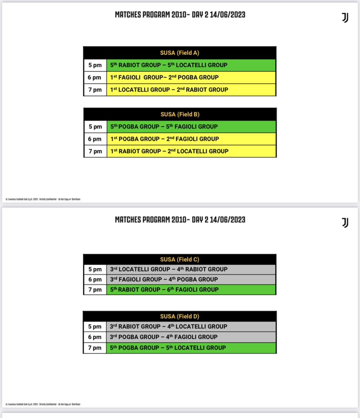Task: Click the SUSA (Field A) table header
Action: tap(180, 53)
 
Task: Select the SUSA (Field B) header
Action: tap(180, 114)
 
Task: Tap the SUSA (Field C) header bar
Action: tap(180, 259)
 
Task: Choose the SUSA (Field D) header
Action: tap(180, 316)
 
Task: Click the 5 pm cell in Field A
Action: tap(95, 65)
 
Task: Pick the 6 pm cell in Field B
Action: tap(95, 139)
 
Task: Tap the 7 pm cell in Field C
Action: tap(95, 290)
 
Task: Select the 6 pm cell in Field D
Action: tap(95, 337)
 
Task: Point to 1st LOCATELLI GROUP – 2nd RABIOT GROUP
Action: tap(169, 90)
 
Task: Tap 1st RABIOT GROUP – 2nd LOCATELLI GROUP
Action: tap(169, 151)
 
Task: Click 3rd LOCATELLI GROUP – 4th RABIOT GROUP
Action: tap(169, 269)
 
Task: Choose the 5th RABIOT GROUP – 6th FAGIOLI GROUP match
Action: tap(164, 290)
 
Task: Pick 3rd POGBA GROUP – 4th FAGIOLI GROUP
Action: tap(164, 337)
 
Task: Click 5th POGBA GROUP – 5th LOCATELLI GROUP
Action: tap(168, 348)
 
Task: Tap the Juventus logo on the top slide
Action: tap(345, 17)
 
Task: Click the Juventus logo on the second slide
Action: tap(345, 222)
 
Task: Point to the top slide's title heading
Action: tap(180, 15)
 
